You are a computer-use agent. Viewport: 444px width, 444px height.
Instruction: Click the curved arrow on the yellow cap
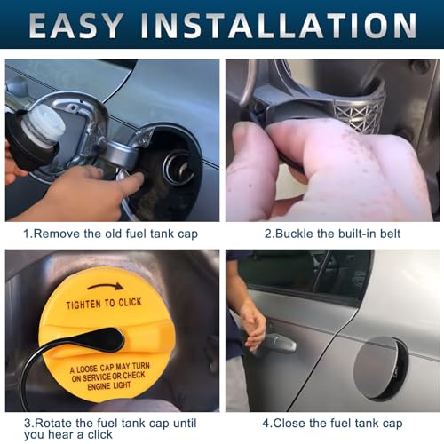pyautogui.click(x=106, y=286)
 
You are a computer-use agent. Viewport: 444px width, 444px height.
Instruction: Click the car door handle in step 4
pyautogui.click(x=277, y=343)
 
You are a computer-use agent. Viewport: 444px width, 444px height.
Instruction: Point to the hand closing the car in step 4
pyautogui.click(x=252, y=321)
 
